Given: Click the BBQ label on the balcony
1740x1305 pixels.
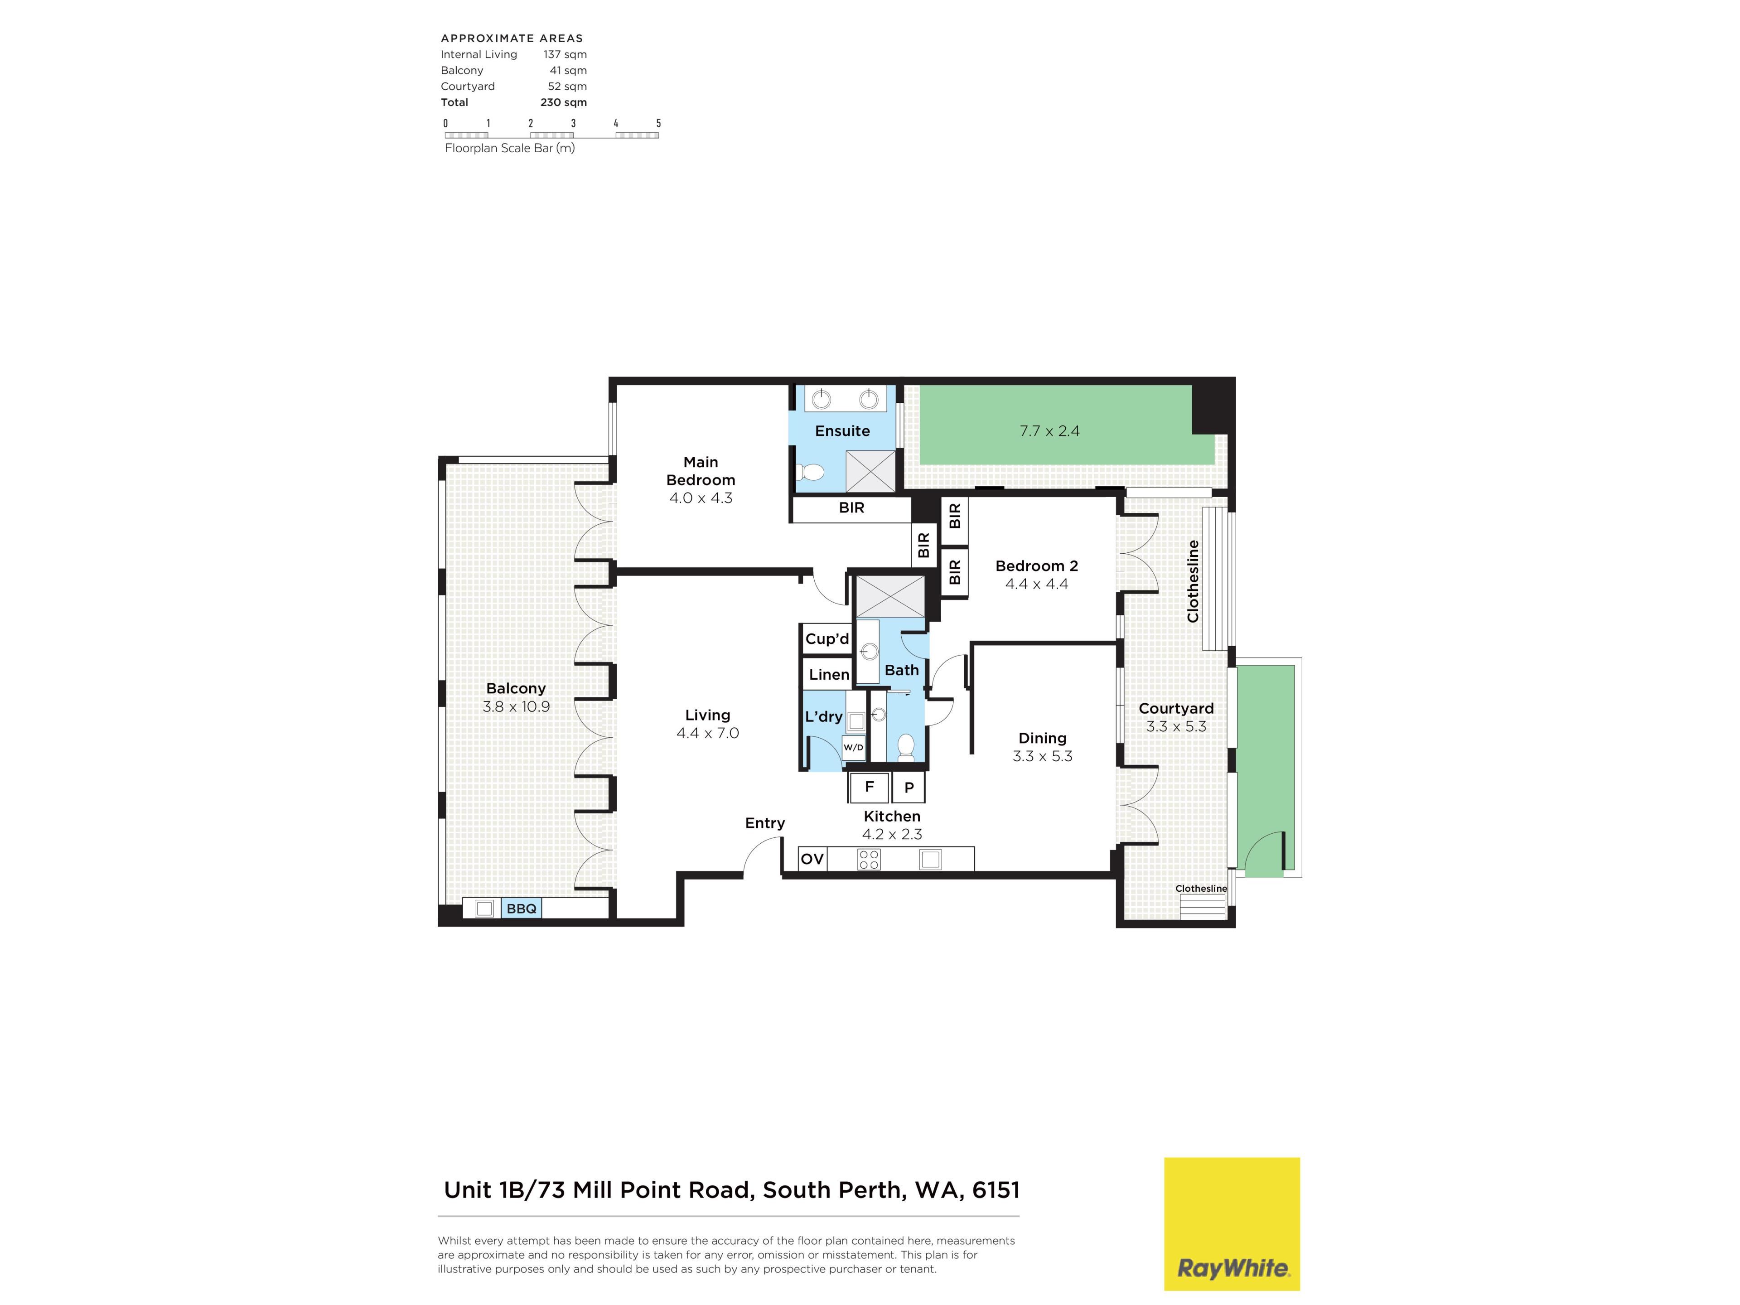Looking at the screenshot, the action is pyautogui.click(x=522, y=909).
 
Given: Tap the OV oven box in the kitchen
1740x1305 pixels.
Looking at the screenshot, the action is pyautogui.click(x=812, y=858).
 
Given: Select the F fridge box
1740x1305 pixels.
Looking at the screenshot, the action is pyautogui.click(x=869, y=787).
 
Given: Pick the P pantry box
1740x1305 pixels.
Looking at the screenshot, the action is pyautogui.click(x=909, y=787).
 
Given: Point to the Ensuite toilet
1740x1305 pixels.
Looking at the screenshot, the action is pyautogui.click(x=810, y=472).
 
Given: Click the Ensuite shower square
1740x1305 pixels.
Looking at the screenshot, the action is pyautogui.click(x=870, y=471).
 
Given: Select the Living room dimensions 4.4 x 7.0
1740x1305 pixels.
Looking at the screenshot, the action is pyautogui.click(x=707, y=733).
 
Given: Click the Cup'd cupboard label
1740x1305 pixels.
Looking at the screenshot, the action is pyautogui.click(x=827, y=639).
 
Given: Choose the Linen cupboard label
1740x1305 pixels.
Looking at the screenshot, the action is pyautogui.click(x=829, y=674).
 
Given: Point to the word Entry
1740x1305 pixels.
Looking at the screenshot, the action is pyautogui.click(x=764, y=823).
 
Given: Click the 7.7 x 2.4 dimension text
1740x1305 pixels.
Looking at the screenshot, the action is pyautogui.click(x=1049, y=431).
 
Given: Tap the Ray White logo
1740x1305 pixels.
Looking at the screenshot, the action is pyautogui.click(x=1232, y=1224).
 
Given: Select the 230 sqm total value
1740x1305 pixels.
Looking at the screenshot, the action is pyautogui.click(x=563, y=102).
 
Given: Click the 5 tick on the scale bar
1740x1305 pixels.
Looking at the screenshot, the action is pyautogui.click(x=658, y=123).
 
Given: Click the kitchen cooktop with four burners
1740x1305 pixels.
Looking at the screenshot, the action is pyautogui.click(x=869, y=859).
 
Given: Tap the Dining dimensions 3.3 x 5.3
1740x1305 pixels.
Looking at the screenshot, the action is pyautogui.click(x=1042, y=756).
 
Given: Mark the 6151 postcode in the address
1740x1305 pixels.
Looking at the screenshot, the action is pyautogui.click(x=996, y=1190).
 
